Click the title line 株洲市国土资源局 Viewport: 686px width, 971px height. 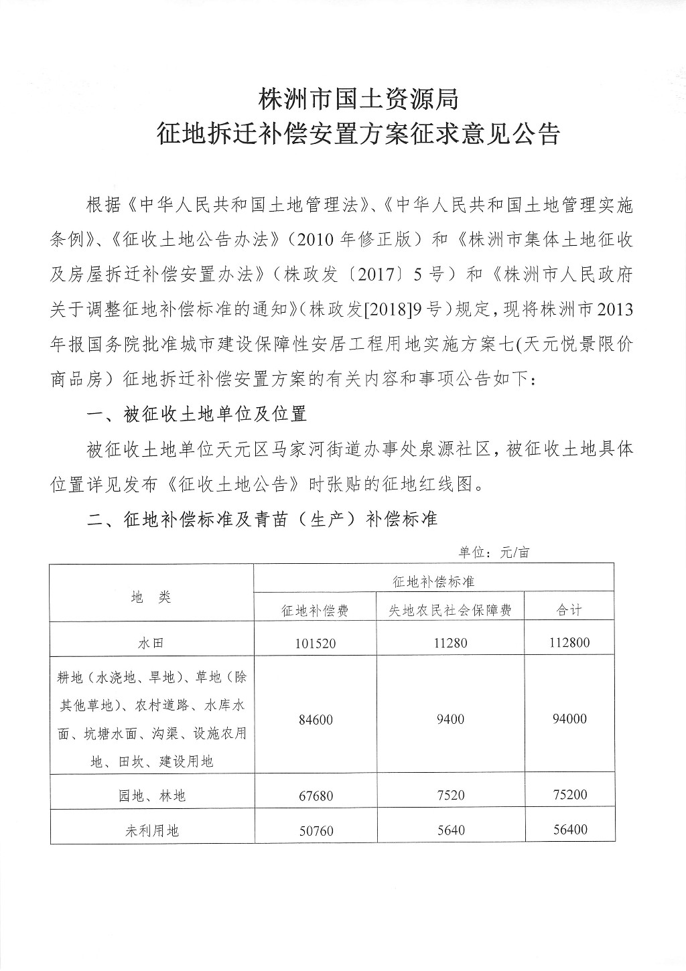point(358,100)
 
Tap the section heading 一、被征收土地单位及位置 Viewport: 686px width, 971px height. point(197,414)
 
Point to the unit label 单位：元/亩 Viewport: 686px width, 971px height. point(493,552)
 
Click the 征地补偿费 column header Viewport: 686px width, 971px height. point(315,610)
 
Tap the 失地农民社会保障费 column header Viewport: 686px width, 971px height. point(450,610)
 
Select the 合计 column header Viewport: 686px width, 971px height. point(569,610)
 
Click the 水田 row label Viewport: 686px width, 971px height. point(151,643)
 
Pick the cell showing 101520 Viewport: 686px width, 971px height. point(315,644)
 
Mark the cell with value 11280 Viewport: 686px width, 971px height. point(450,643)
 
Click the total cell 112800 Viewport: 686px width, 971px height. point(569,643)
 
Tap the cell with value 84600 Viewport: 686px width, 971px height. point(315,719)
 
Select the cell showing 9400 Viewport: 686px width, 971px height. point(450,719)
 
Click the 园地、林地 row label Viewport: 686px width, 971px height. point(151,796)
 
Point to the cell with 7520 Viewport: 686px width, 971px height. point(450,795)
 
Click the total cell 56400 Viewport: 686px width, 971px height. point(569,830)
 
